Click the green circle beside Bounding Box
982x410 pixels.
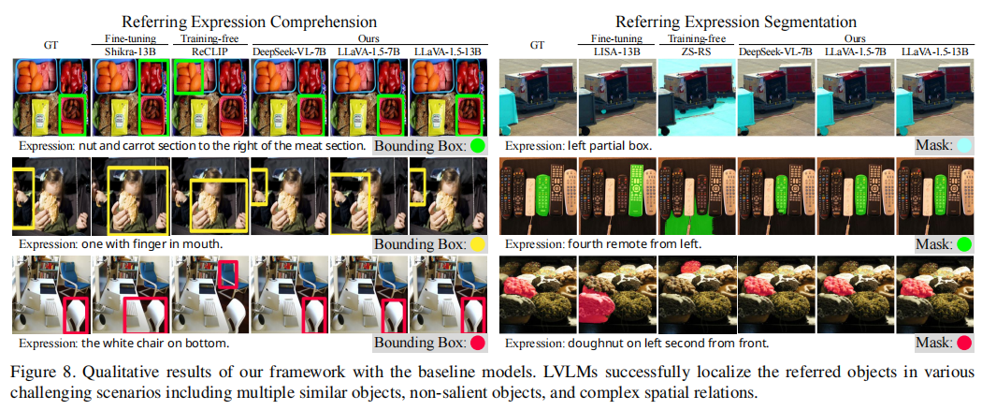[477, 146]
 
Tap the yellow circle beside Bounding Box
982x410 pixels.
[477, 244]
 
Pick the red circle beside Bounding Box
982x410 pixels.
[477, 343]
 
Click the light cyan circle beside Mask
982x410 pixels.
[963, 146]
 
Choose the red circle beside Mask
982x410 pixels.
[963, 343]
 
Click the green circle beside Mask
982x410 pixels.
[963, 244]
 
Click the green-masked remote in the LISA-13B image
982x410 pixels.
[639, 192]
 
